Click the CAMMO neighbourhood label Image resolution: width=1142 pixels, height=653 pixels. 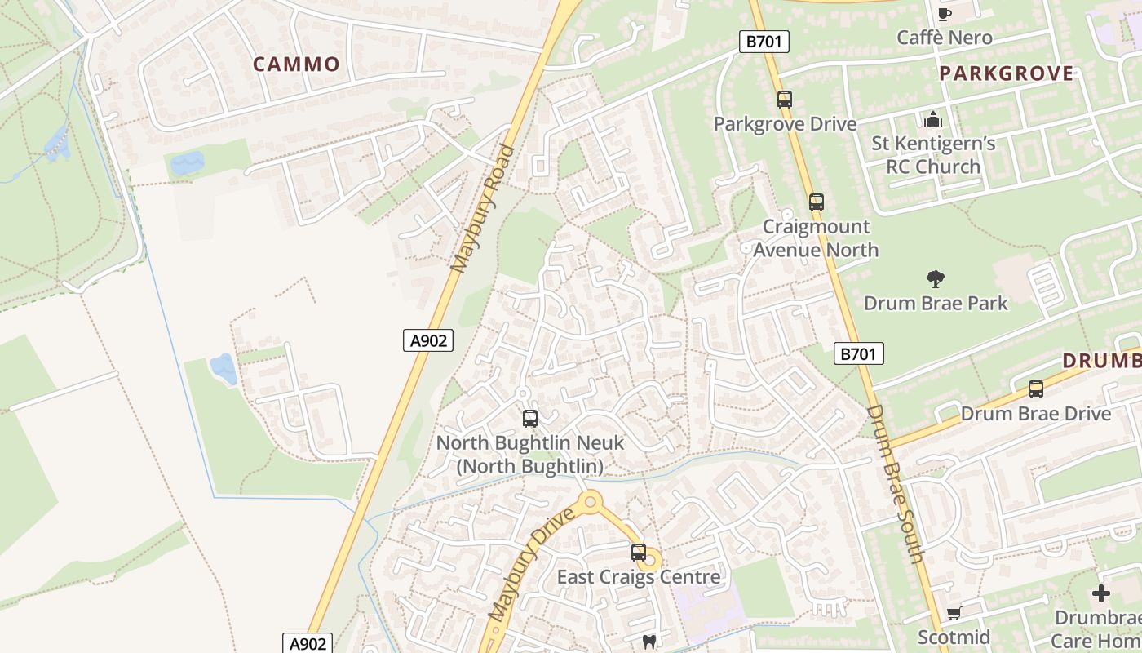(x=296, y=64)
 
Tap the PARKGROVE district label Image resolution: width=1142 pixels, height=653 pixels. (x=1006, y=73)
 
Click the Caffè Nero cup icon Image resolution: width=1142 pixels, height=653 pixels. (x=945, y=14)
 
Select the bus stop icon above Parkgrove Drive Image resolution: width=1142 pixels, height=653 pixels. (x=784, y=100)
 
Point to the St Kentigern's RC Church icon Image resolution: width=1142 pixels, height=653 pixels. (x=933, y=120)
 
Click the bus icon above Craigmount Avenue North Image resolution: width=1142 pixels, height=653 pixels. (x=816, y=202)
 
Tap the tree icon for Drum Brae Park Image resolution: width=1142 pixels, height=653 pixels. (x=935, y=279)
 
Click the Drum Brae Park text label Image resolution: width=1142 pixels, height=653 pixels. (x=936, y=303)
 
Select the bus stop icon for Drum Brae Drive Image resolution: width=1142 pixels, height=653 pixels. (x=1035, y=389)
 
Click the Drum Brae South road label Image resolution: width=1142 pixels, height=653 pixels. (x=895, y=483)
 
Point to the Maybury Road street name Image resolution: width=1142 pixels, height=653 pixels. (x=484, y=209)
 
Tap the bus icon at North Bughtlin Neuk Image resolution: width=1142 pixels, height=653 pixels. (x=529, y=419)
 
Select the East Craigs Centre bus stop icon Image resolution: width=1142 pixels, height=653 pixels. (x=638, y=553)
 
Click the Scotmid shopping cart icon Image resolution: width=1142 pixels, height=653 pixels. (x=954, y=613)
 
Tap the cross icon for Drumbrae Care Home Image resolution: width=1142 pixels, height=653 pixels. (x=1101, y=593)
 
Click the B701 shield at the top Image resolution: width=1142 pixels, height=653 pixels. (x=764, y=41)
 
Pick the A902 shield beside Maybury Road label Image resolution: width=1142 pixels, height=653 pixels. (x=427, y=340)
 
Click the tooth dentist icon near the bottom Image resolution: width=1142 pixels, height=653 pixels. (x=649, y=642)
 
